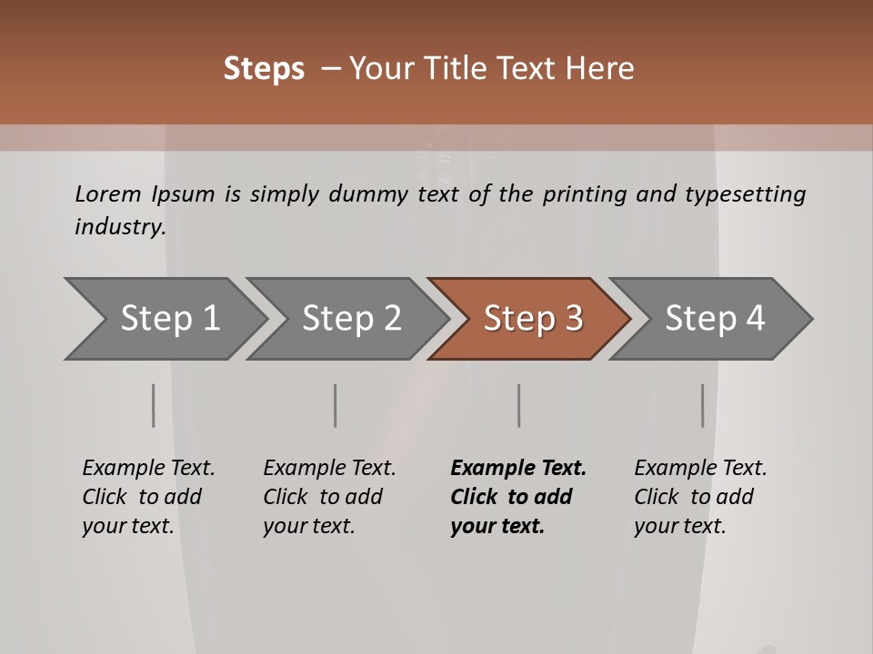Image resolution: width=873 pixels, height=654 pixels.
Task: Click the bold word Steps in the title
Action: point(264,68)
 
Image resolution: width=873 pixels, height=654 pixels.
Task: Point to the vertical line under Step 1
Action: point(154,405)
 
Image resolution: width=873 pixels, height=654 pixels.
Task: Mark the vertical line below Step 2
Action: point(336,405)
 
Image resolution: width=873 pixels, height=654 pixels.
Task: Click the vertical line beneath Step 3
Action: point(518,405)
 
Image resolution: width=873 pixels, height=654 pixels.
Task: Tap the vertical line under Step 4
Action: point(702,405)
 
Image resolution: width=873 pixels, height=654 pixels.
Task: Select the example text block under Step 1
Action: point(148,497)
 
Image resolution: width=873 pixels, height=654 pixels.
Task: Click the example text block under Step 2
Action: point(329,497)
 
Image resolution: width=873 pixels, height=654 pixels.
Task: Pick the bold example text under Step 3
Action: point(518,497)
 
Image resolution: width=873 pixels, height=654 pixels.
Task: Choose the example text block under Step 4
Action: point(700,497)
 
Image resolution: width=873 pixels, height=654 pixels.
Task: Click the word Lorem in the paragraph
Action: point(107,193)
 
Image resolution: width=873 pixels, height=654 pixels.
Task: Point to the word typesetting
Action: point(745,193)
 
